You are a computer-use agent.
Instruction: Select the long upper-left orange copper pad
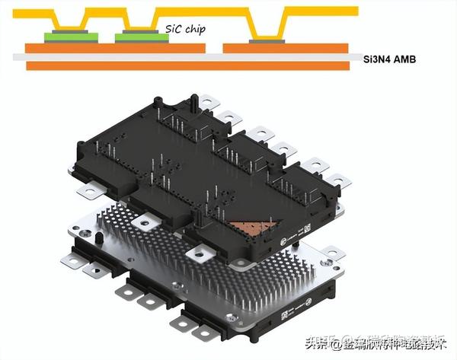(x=114, y=47)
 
